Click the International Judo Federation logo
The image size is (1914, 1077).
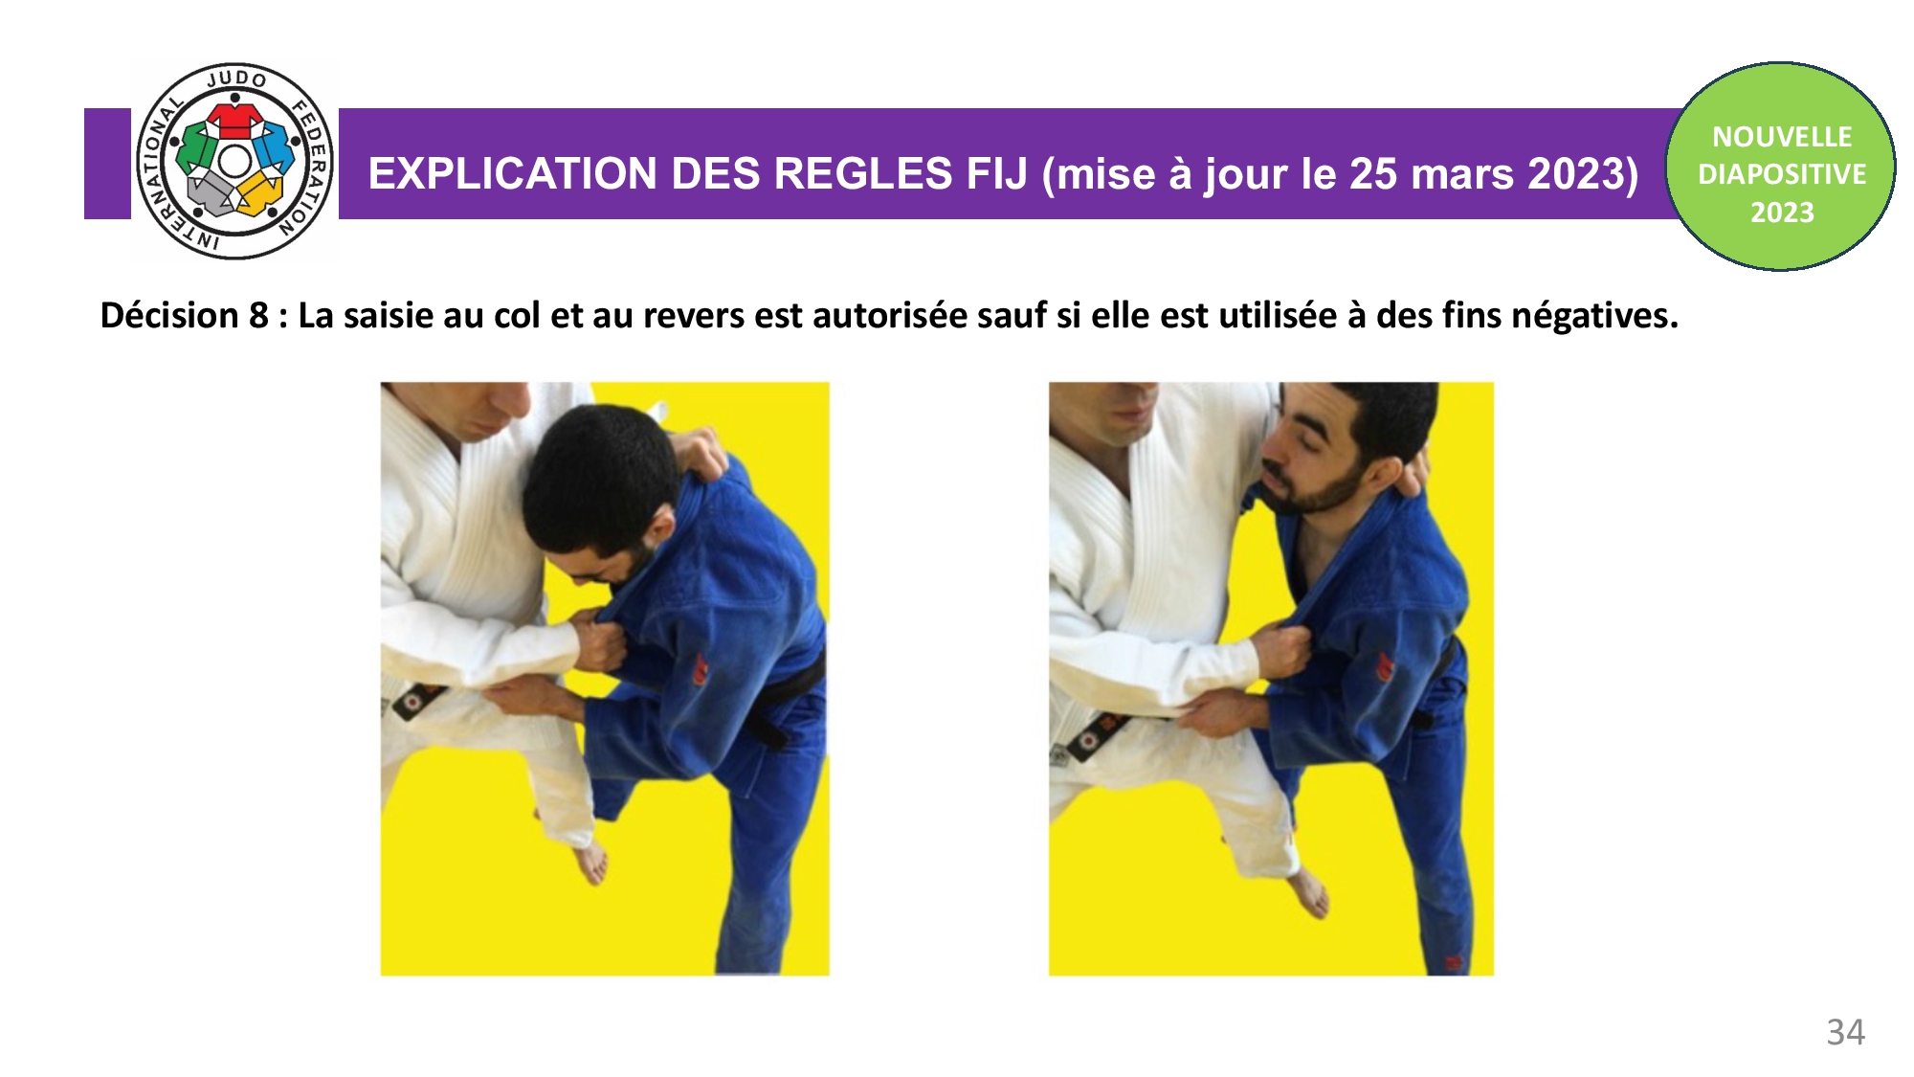point(234,162)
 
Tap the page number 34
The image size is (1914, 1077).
point(1845,1032)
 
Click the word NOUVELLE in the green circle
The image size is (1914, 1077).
point(1782,137)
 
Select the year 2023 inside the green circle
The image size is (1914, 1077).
point(1782,212)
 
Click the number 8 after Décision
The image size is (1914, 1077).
point(258,315)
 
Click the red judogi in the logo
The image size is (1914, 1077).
point(234,120)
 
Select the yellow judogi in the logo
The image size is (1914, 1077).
point(260,191)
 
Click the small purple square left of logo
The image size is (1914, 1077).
point(107,164)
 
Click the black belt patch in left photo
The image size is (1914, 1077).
point(412,705)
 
